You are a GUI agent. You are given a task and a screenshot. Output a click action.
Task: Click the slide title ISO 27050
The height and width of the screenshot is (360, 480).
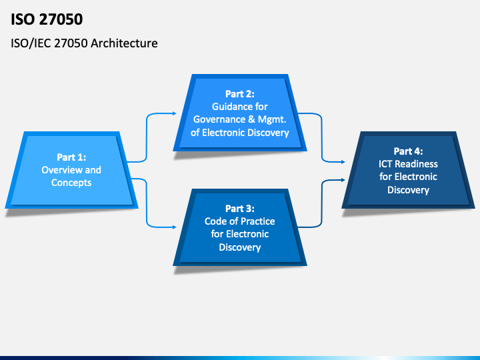[x=47, y=19]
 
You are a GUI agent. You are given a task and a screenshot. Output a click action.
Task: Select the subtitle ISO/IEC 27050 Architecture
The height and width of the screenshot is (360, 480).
[x=84, y=43]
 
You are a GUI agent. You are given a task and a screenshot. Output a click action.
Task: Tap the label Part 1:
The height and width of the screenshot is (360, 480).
[x=71, y=157]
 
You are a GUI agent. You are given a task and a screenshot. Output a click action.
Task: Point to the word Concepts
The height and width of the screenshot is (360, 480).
[x=71, y=183]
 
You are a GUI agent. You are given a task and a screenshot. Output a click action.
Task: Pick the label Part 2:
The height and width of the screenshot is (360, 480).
[x=240, y=94]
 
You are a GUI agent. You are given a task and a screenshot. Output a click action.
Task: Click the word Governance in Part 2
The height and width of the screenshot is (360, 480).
[x=219, y=119]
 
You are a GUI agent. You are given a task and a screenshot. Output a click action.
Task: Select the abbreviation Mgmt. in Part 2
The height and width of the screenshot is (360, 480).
[x=272, y=119]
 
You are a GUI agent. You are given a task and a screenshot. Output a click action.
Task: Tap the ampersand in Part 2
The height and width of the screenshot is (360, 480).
[x=251, y=119]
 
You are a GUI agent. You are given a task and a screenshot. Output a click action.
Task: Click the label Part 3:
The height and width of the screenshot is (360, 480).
[x=240, y=209]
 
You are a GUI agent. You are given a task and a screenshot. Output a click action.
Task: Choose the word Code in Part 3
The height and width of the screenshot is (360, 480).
[x=215, y=221]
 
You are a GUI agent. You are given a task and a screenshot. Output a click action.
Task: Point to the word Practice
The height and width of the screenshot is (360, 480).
[x=257, y=221]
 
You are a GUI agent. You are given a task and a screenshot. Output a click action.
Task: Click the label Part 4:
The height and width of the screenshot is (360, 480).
[x=408, y=151]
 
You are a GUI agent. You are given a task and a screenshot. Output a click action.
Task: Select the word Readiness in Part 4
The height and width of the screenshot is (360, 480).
[x=416, y=164]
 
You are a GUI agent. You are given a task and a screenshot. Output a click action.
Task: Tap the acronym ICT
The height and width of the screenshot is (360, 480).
[x=385, y=164]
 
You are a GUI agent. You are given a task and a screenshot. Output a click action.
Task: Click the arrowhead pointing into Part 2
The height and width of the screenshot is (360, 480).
[x=175, y=113]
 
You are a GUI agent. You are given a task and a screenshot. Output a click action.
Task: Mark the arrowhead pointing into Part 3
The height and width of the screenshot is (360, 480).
[x=175, y=227]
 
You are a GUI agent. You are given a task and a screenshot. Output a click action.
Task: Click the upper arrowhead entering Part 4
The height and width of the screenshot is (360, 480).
[x=343, y=162]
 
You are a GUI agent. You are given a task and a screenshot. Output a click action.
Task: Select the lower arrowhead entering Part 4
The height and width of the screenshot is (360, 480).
[x=343, y=180]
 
